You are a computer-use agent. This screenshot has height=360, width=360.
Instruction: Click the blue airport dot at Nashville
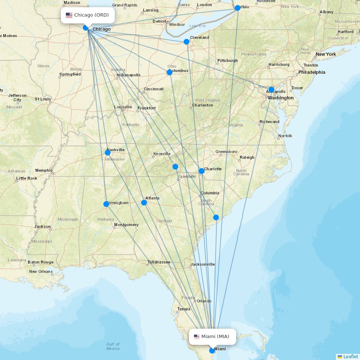point(108,153)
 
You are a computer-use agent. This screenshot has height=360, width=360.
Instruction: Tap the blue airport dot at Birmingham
point(106,204)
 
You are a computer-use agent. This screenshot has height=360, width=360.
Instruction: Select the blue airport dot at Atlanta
point(144,203)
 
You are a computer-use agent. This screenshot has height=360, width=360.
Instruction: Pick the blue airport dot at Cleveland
point(186,42)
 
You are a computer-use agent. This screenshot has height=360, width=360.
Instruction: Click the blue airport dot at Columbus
point(170,72)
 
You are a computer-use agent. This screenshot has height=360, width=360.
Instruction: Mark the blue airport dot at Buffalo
point(238,8)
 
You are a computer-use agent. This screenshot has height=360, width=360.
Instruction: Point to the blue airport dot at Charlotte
point(202,171)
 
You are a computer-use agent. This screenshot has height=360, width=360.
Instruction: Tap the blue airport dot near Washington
point(271,90)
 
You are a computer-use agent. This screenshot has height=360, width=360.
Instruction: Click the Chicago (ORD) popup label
point(88,15)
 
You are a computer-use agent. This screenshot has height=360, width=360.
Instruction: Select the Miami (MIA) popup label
point(212,337)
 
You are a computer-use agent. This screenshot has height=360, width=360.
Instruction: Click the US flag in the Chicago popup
point(69,15)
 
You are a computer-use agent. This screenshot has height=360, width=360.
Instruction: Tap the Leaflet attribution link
point(350,356)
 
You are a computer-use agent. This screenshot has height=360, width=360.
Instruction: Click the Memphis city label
point(44,170)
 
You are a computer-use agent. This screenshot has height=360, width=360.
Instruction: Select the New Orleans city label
point(41,271)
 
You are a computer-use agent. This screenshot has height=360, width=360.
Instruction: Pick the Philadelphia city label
point(312,72)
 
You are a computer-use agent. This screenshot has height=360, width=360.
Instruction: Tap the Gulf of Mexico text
point(113,346)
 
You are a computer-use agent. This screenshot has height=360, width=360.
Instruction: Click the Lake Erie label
point(197,26)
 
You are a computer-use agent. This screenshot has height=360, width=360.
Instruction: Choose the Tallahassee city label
point(159,262)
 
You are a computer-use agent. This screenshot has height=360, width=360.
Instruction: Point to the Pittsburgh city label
point(228,60)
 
